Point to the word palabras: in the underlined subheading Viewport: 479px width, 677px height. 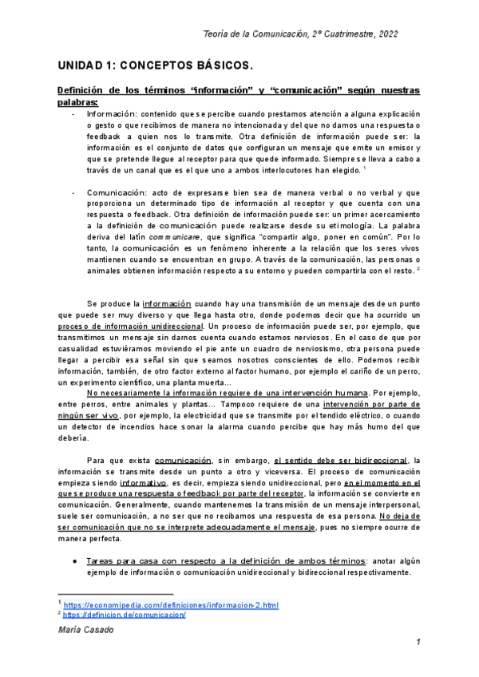coord(77,103)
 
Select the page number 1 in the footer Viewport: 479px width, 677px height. coord(418,643)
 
